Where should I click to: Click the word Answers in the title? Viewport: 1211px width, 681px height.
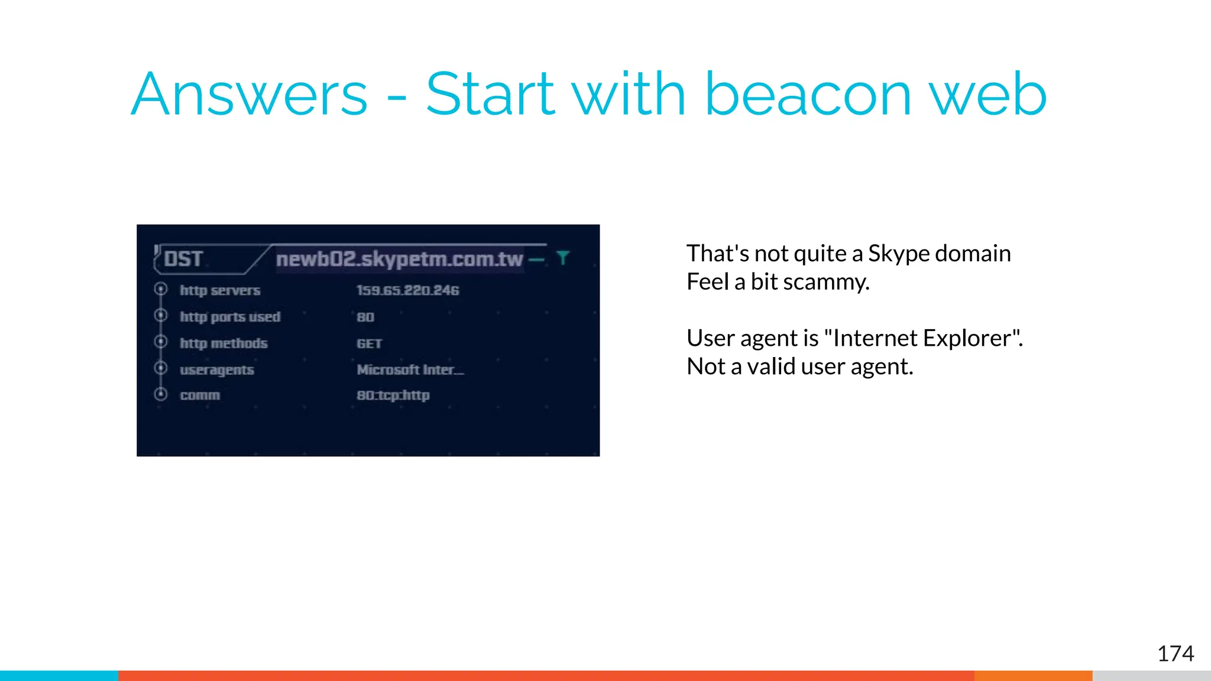point(249,95)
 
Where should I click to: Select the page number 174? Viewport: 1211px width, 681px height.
point(1175,654)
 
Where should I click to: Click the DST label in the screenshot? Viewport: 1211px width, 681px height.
point(183,259)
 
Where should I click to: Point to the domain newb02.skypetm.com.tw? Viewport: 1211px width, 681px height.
point(400,259)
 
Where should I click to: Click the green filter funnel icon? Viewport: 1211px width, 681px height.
point(563,258)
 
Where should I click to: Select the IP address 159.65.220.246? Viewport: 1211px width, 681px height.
point(407,290)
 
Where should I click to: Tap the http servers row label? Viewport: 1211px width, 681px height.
point(220,290)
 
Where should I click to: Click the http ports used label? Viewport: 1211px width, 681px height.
point(230,317)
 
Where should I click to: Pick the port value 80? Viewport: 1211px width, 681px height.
point(365,317)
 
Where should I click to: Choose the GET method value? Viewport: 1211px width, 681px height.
point(369,343)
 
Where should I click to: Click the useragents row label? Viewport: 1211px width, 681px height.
point(217,370)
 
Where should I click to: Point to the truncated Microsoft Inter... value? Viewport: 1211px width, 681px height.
point(410,370)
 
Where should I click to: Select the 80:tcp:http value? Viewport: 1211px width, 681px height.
point(393,395)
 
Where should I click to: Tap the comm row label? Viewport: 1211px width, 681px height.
point(200,395)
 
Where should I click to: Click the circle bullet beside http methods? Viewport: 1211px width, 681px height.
point(161,342)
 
